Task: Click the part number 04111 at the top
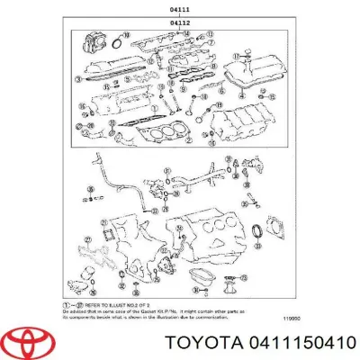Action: click(x=180, y=10)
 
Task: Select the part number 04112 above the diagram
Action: click(x=180, y=22)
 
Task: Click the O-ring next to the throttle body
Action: click(x=114, y=39)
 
